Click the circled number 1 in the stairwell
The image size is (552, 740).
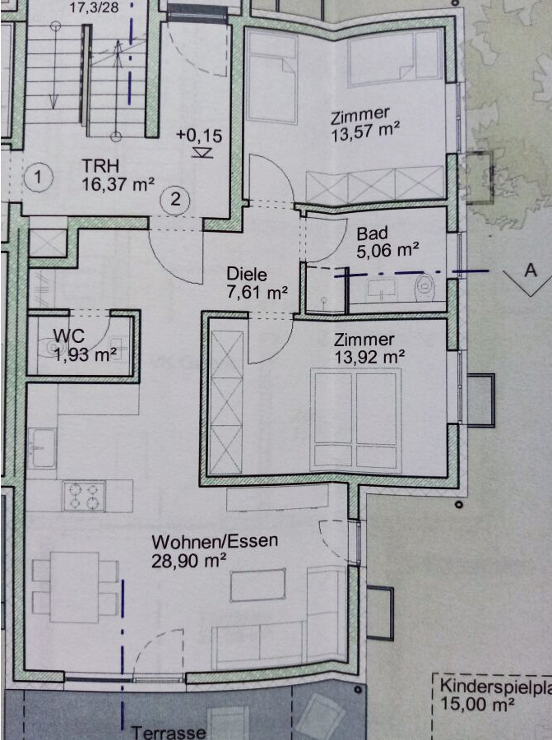pyautogui.click(x=38, y=178)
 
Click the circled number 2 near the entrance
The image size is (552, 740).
pyautogui.click(x=175, y=199)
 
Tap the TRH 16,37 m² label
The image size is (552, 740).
pyautogui.click(x=118, y=175)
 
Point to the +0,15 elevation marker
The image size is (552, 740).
pyautogui.click(x=199, y=141)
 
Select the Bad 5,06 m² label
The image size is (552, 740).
pyautogui.click(x=387, y=242)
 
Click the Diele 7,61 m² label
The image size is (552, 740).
pyautogui.click(x=257, y=283)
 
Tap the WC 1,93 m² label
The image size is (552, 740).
pyautogui.click(x=84, y=345)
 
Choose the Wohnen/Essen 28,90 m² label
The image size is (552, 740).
pyautogui.click(x=215, y=551)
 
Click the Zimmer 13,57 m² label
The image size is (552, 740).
pyautogui.click(x=365, y=124)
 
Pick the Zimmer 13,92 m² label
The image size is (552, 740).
pyautogui.click(x=369, y=348)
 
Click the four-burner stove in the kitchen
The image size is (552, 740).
pyautogui.click(x=84, y=496)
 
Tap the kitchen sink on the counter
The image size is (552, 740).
pyautogui.click(x=42, y=447)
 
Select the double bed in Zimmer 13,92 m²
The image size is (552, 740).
pyautogui.click(x=355, y=419)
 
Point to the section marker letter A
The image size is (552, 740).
pyautogui.click(x=531, y=271)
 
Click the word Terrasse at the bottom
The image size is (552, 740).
pyautogui.click(x=169, y=732)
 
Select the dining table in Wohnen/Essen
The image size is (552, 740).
pyautogui.click(x=75, y=586)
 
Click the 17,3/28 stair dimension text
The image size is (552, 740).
pyautogui.click(x=94, y=7)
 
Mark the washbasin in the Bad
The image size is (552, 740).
pyautogui.click(x=383, y=289)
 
